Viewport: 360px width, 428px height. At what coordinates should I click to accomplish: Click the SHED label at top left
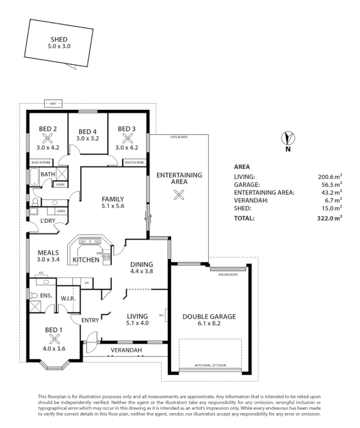point(59,40)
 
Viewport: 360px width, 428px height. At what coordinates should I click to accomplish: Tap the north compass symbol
point(287,138)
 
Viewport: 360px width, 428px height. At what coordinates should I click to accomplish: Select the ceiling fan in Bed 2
point(48,138)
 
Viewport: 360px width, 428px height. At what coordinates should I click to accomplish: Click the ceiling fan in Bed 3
point(127,138)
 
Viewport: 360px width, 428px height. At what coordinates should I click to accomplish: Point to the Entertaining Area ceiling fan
point(178,194)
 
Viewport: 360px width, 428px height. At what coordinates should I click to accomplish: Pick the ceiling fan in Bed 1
point(55,339)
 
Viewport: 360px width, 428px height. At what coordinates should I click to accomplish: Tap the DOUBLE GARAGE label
point(209,316)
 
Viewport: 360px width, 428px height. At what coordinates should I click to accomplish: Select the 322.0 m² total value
point(330,218)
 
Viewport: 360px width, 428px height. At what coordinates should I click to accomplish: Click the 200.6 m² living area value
point(330,177)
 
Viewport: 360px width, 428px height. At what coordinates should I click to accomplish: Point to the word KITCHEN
point(85,260)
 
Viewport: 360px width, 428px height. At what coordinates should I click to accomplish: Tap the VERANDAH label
point(126,350)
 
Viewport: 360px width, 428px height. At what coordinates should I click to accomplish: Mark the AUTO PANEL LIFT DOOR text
point(210,365)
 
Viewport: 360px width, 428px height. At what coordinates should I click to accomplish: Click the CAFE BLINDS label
point(179,137)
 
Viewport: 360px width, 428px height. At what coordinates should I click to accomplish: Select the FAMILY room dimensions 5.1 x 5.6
point(112,206)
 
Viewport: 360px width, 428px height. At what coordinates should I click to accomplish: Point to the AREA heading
point(242,166)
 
